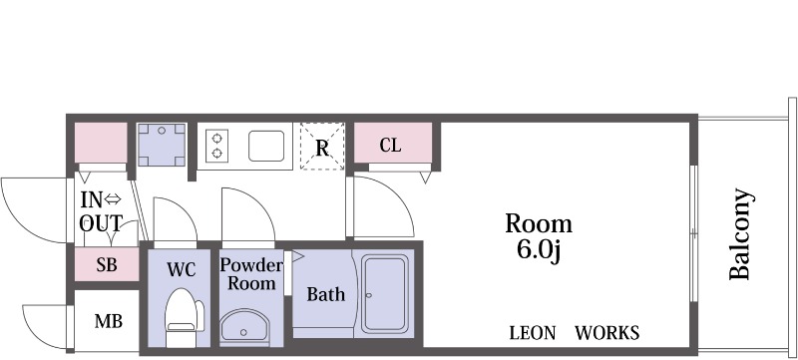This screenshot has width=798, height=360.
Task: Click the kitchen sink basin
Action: coord(266,146)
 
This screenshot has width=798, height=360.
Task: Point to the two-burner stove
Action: coord(216,146)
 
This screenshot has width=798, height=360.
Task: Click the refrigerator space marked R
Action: coord(322,146)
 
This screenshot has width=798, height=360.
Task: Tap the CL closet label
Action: coord(390,146)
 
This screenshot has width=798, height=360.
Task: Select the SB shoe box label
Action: coord(107,264)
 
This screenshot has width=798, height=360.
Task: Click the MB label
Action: coord(109,321)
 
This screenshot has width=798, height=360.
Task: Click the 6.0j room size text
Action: coord(539,249)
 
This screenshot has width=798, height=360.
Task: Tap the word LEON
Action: coord(533,333)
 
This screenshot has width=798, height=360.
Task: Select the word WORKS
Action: coord(607,333)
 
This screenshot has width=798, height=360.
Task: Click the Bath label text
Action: coord(326,294)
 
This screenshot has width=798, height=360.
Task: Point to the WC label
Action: coord(182,270)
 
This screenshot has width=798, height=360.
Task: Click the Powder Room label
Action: coord(251,274)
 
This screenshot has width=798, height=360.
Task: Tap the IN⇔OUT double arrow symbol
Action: coord(112,200)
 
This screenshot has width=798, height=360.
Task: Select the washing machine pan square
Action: coord(162,145)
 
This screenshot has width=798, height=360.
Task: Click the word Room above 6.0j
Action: coord(539,223)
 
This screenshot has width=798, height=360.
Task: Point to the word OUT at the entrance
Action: coord(101,223)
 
